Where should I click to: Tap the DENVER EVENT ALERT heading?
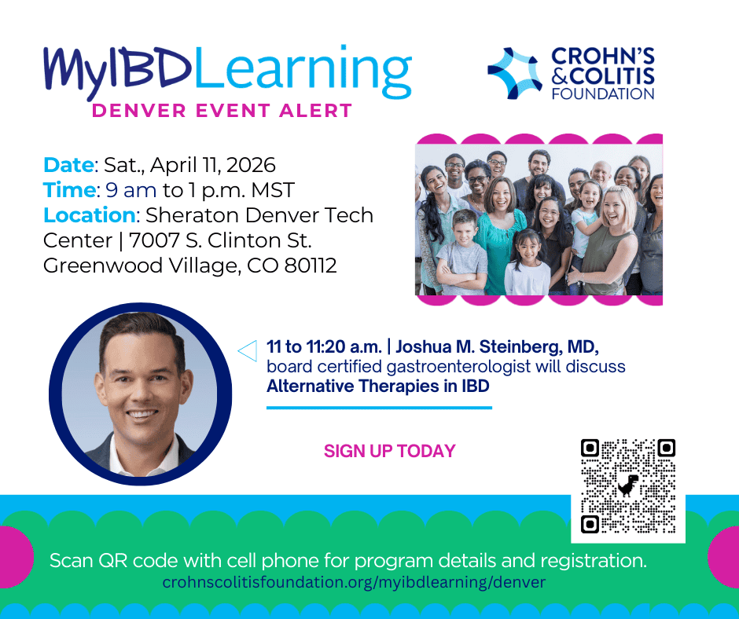click(222, 111)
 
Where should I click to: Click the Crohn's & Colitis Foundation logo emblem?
click(515, 72)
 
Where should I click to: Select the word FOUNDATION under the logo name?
click(603, 93)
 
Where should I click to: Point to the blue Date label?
click(68, 165)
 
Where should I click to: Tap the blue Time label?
click(68, 190)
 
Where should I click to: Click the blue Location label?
click(89, 214)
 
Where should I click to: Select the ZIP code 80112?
click(307, 266)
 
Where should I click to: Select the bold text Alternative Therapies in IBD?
click(377, 386)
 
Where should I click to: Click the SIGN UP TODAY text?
click(389, 451)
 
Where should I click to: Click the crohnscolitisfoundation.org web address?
click(353, 583)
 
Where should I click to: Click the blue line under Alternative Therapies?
click(379, 408)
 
